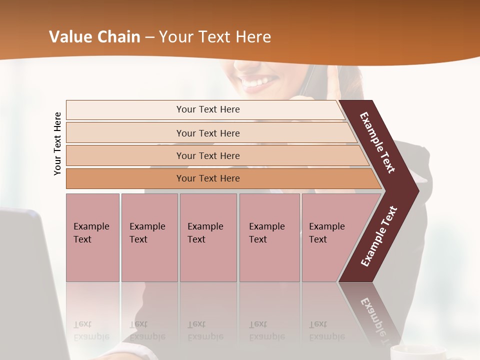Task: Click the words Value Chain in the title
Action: [94, 36]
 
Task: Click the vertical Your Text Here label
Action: [57, 143]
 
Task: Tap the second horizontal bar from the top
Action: [208, 133]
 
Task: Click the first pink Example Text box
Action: [92, 237]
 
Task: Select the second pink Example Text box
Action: [149, 237]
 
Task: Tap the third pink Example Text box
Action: [208, 237]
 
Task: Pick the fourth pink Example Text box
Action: [269, 237]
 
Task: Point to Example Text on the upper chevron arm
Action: [377, 142]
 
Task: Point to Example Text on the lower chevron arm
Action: [379, 236]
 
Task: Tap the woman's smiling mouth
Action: [258, 83]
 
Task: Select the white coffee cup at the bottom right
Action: [409, 352]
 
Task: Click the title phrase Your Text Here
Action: [215, 36]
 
